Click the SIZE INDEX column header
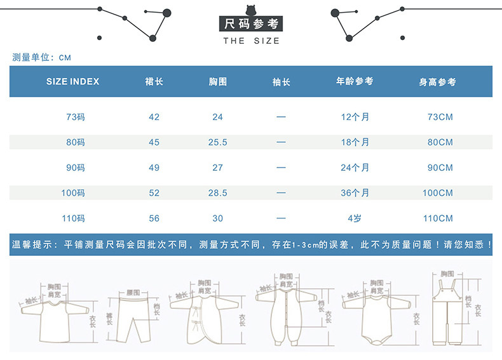click(x=73, y=82)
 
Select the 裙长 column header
click(x=154, y=82)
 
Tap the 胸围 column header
click(x=218, y=82)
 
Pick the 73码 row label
click(x=75, y=117)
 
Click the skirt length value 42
click(x=154, y=117)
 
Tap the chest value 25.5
click(x=218, y=142)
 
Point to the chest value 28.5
click(x=218, y=193)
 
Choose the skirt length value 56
click(x=154, y=218)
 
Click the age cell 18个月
click(x=355, y=142)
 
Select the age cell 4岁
click(x=355, y=218)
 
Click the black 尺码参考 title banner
click(x=251, y=25)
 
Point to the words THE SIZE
click(x=251, y=41)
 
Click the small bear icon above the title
click(x=251, y=11)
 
